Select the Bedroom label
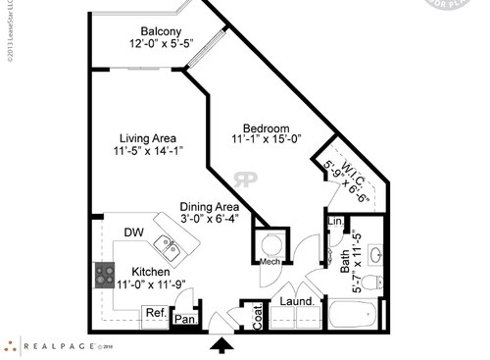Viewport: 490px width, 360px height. pyautogui.click(x=265, y=129)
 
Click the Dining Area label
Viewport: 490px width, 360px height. pyautogui.click(x=210, y=207)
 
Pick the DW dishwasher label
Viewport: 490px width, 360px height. pyautogui.click(x=133, y=232)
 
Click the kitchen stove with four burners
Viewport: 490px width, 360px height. pyautogui.click(x=104, y=274)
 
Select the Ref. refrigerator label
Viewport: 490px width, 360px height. pyautogui.click(x=155, y=313)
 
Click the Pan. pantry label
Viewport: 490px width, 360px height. pyautogui.click(x=183, y=318)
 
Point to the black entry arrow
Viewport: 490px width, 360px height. pyautogui.click(x=222, y=345)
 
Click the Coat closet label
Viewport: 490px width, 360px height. pyautogui.click(x=259, y=313)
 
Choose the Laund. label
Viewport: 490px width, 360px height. pyautogui.click(x=295, y=301)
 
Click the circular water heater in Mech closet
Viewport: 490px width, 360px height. pyautogui.click(x=272, y=241)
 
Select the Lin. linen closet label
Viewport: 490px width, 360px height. pyautogui.click(x=333, y=223)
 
